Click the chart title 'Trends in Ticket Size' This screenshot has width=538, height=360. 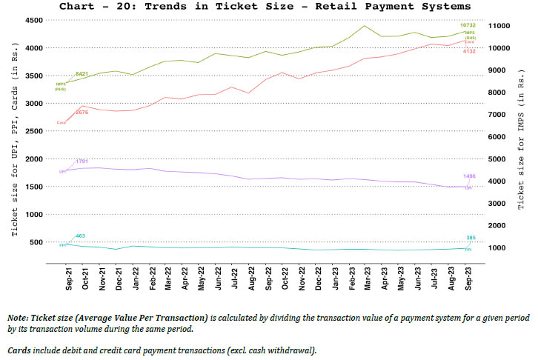pyautogui.click(x=268, y=7)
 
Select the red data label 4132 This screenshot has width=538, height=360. pyautogui.click(x=470, y=51)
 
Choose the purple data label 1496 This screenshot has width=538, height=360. pyautogui.click(x=470, y=176)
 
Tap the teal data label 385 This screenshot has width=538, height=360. pyautogui.click(x=470, y=238)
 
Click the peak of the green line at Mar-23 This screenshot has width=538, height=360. pyautogui.click(x=365, y=26)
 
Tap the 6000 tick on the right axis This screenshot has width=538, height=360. pyautogui.click(x=499, y=137)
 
